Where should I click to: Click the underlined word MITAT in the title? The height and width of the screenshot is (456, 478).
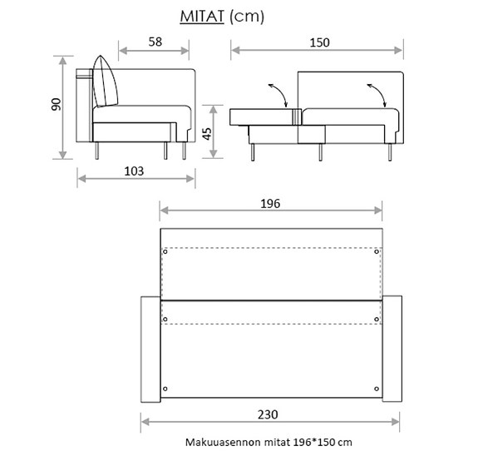click(x=201, y=16)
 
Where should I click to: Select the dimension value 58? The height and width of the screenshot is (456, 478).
click(x=155, y=42)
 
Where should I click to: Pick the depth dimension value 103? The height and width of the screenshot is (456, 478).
click(x=134, y=171)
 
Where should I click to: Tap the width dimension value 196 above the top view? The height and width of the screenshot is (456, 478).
click(x=270, y=203)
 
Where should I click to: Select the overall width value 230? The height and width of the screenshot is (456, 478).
click(x=267, y=414)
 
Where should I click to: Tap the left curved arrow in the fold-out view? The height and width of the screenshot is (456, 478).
click(x=278, y=93)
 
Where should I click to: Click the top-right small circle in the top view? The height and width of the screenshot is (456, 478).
click(x=377, y=251)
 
